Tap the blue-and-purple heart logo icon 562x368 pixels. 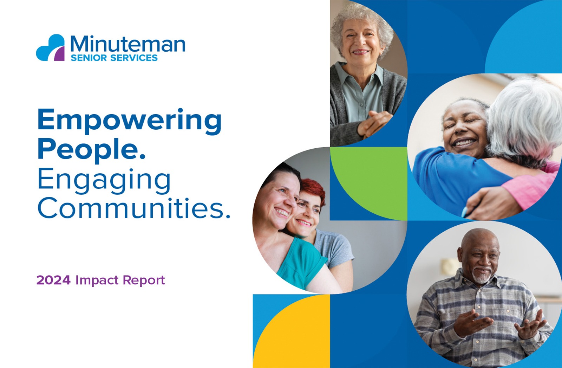pyautogui.click(x=51, y=48)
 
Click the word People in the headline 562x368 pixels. pyautogui.click(x=92, y=149)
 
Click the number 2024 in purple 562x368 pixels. pyautogui.click(x=53, y=280)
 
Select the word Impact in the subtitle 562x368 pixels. pyautogui.click(x=97, y=280)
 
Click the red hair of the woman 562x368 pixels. pyautogui.click(x=314, y=189)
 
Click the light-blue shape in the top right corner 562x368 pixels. pyautogui.click(x=524, y=38)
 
